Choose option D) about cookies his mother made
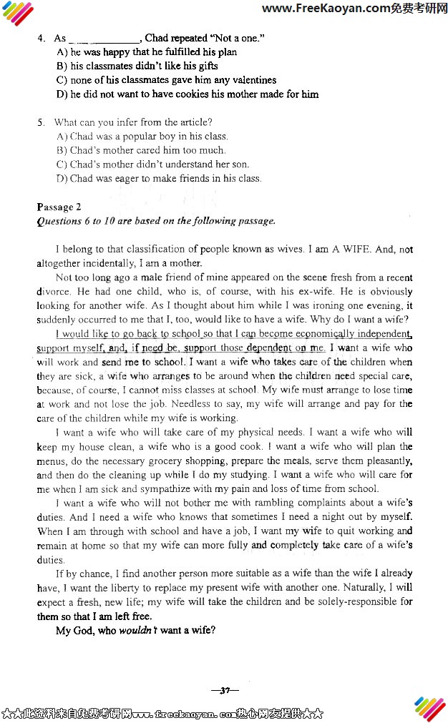[x=187, y=94]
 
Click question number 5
[x=41, y=122]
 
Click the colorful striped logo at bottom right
[x=429, y=708]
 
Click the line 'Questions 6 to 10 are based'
[x=155, y=221]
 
